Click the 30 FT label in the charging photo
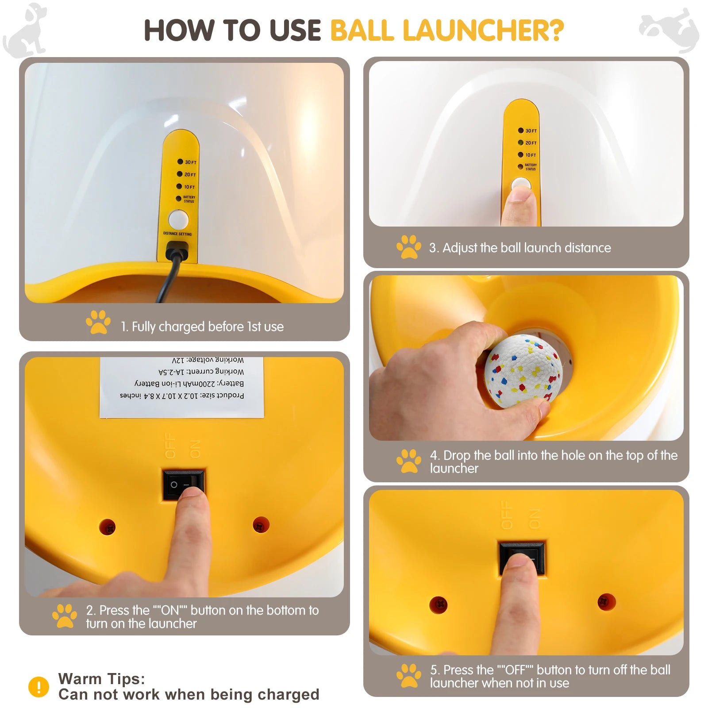click(191, 162)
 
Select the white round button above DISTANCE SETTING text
click(178, 219)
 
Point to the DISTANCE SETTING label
click(177, 234)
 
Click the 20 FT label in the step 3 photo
click(531, 143)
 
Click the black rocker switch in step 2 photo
click(184, 484)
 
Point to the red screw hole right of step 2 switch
click(261, 525)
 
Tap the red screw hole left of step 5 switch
click(439, 604)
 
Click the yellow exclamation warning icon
click(38, 687)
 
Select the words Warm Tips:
click(101, 678)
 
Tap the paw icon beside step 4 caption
click(408, 461)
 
